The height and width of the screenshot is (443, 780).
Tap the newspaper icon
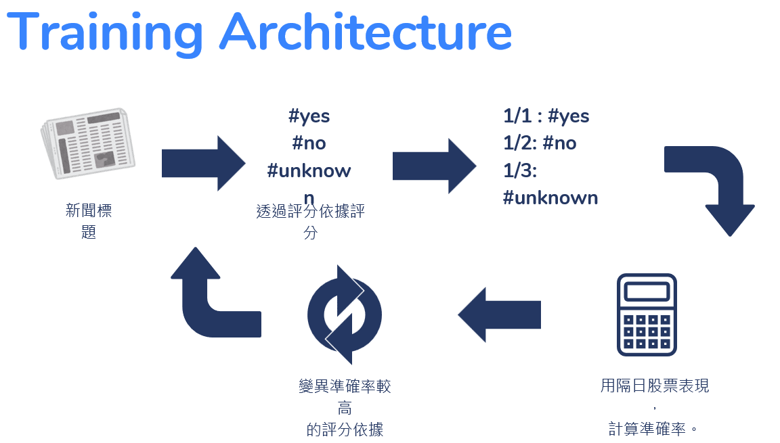(x=87, y=143)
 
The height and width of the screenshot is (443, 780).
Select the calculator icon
(x=647, y=314)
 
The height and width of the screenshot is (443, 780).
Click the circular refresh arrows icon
(x=345, y=314)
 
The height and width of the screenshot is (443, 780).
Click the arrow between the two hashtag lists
(x=433, y=166)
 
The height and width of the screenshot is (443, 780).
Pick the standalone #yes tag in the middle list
(x=309, y=116)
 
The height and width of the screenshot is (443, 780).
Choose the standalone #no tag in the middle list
(x=309, y=143)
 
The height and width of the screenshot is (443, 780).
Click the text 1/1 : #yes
(x=546, y=116)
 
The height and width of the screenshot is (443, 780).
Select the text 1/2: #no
(x=540, y=143)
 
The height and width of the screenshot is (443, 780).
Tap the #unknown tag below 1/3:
(x=550, y=197)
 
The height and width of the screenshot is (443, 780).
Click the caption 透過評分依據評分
(x=311, y=212)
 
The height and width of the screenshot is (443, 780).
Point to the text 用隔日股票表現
(x=655, y=386)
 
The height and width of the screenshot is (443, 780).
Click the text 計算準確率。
(x=653, y=428)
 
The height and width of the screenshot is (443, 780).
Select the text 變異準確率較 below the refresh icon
(x=345, y=386)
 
